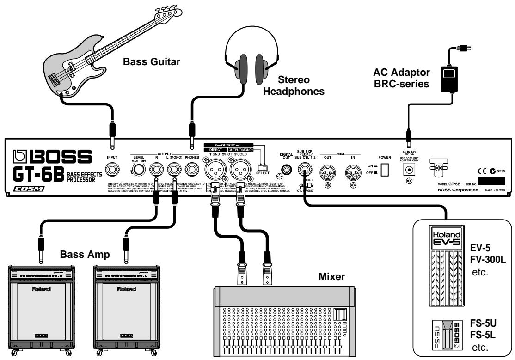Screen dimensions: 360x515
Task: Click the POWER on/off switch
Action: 384,171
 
